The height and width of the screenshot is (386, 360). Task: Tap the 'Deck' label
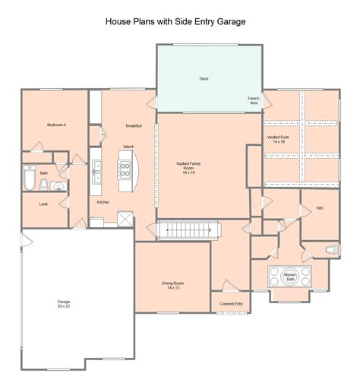click(x=204, y=78)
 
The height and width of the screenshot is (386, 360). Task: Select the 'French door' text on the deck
click(x=254, y=101)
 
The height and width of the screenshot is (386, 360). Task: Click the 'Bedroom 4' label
click(x=56, y=125)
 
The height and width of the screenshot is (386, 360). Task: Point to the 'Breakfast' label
click(x=134, y=125)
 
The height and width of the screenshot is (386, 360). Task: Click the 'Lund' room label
click(x=43, y=204)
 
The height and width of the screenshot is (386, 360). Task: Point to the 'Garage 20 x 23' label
click(x=64, y=303)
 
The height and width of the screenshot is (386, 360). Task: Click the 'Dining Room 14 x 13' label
click(x=172, y=285)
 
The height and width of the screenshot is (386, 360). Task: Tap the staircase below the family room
click(x=188, y=229)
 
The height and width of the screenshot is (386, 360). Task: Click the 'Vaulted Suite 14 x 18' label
click(x=276, y=140)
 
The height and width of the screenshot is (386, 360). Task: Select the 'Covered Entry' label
click(x=231, y=304)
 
